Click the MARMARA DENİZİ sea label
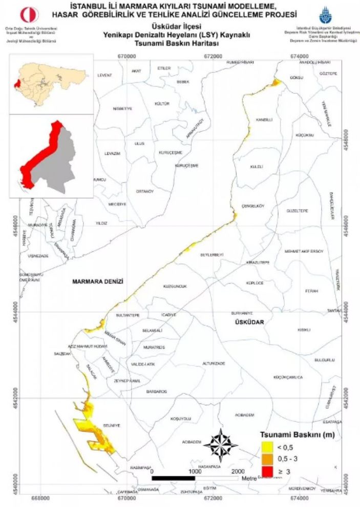pyautogui.click(x=99, y=281)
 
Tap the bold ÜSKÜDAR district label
pyautogui.click(x=249, y=322)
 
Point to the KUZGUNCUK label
pyautogui.click(x=174, y=286)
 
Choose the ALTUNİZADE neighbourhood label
pyautogui.click(x=214, y=363)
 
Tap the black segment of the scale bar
pyautogui.click(x=174, y=478)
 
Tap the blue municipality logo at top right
pyautogui.click(x=325, y=15)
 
